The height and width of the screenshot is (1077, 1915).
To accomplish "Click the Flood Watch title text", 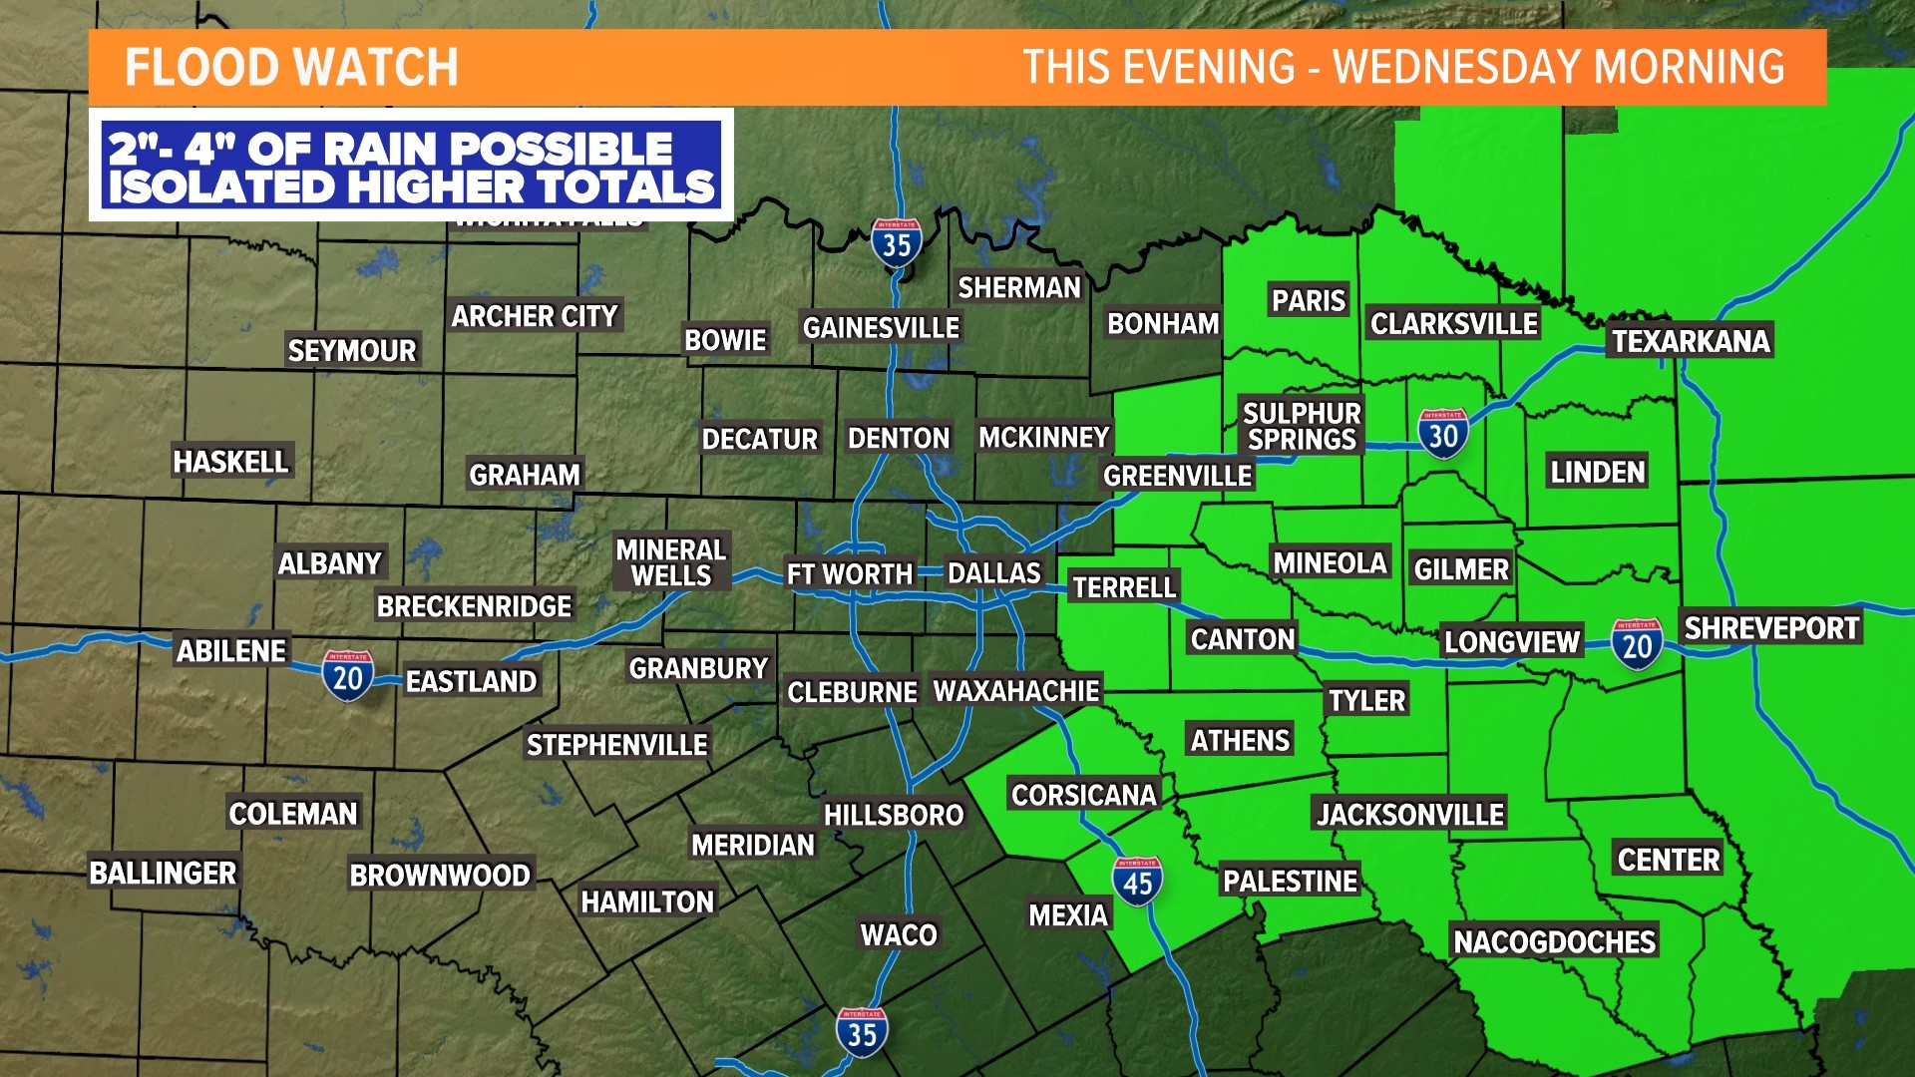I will pyautogui.click(x=291, y=68).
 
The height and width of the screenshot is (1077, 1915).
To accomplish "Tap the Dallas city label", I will pyautogui.click(x=993, y=573).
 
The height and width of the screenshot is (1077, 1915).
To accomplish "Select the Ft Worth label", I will pyautogui.click(x=849, y=574).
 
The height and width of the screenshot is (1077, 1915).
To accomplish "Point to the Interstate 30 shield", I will pyautogui.click(x=1442, y=434).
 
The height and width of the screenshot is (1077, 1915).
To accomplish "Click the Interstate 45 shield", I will pyautogui.click(x=1137, y=882).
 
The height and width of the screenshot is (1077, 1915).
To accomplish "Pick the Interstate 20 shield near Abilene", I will pyautogui.click(x=347, y=676).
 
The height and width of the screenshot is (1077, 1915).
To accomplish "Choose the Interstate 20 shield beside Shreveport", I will pyautogui.click(x=1637, y=644).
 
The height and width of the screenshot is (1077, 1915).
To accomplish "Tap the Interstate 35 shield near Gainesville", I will pyautogui.click(x=896, y=242).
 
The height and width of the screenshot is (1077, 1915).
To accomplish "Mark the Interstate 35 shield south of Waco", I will pyautogui.click(x=862, y=1032).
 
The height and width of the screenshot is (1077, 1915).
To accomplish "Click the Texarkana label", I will pyautogui.click(x=1691, y=341).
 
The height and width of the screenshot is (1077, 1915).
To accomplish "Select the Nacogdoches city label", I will pyautogui.click(x=1554, y=941).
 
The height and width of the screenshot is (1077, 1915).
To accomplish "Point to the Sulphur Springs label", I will pyautogui.click(x=1302, y=426).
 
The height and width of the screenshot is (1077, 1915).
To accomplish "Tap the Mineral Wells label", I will pyautogui.click(x=671, y=562).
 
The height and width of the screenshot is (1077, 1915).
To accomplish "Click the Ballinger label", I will pyautogui.click(x=164, y=873).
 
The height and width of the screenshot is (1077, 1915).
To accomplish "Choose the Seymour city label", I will pyautogui.click(x=352, y=350).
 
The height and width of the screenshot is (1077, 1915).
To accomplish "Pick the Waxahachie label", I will pyautogui.click(x=1015, y=690).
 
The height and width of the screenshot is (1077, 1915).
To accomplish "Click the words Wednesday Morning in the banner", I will pyautogui.click(x=1558, y=68).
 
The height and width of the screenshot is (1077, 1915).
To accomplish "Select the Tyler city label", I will pyautogui.click(x=1366, y=700).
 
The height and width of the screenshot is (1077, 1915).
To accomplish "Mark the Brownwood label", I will pyautogui.click(x=440, y=875).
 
